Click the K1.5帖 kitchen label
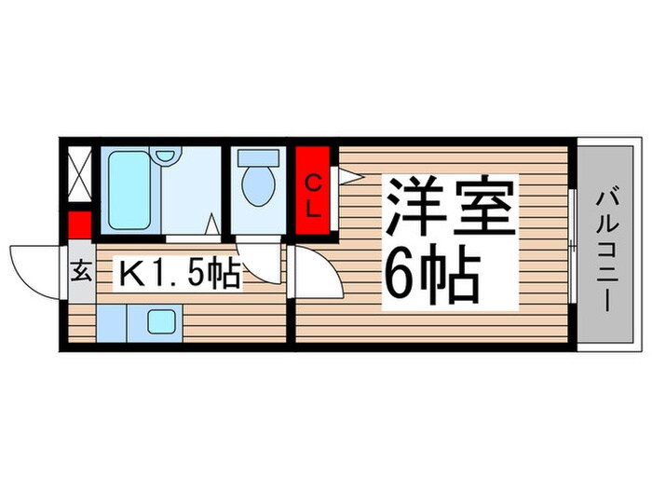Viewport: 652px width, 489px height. [x=178, y=274]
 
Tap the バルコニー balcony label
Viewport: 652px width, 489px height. [x=609, y=246]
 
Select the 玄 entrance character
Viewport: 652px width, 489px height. [x=82, y=274]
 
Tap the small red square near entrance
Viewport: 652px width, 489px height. [x=80, y=225]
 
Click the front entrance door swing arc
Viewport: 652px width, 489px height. [x=37, y=265]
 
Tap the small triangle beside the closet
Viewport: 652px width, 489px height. [x=346, y=174]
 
